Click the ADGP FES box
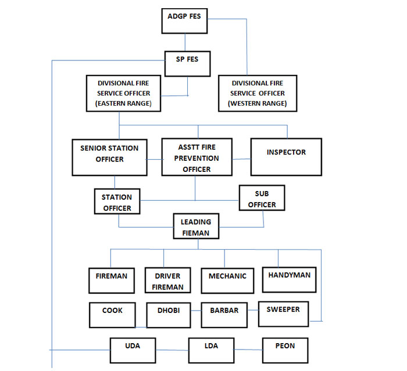point(185,20)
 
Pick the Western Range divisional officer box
point(258,93)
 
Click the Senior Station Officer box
point(109,157)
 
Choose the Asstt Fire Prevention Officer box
point(197,157)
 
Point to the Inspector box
point(285,156)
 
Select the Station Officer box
point(117,201)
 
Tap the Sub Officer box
point(262,199)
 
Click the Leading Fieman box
point(196,226)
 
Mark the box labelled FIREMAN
point(112,281)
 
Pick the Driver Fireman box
point(168,281)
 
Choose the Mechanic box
point(227,281)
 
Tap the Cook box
point(112,315)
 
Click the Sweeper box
point(283,314)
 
